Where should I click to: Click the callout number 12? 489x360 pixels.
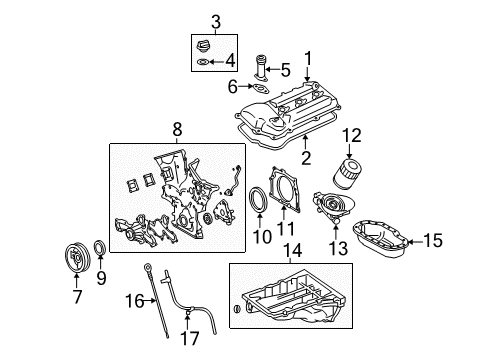351,136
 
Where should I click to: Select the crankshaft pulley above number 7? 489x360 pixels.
76,257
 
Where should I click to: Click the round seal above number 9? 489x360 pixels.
100,248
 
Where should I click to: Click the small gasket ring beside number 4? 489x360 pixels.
203,62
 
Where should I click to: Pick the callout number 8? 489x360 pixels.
177,129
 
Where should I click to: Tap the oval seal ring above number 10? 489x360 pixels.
259,199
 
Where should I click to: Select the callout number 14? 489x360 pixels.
293,250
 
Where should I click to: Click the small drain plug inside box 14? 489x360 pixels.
237,309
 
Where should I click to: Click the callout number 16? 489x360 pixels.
134,301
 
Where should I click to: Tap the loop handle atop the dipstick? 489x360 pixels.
147,267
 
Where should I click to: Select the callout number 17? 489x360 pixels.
190,339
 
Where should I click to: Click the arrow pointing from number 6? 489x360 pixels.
246,86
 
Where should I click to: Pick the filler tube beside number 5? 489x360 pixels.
262,68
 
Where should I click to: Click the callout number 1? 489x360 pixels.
308,58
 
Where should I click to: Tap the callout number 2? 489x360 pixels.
306,158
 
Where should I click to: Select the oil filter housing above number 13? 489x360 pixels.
332,206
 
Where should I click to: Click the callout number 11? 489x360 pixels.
286,229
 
